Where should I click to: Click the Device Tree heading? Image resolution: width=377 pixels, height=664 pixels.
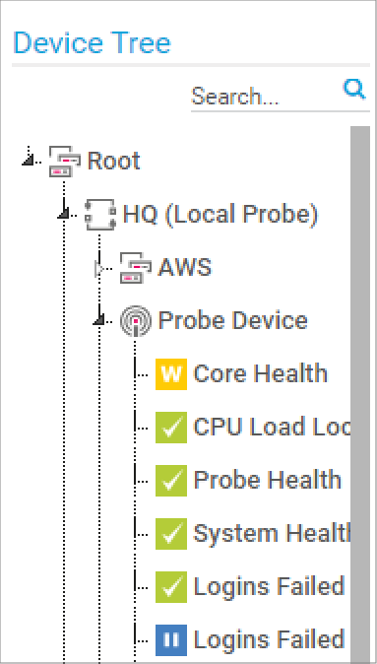[92, 42]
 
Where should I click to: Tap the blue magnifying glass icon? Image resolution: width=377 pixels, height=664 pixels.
[353, 90]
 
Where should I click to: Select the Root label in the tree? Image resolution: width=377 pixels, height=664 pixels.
[113, 161]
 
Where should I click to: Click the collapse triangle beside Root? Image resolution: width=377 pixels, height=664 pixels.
[28, 160]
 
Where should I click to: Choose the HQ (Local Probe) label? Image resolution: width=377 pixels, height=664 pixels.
[220, 215]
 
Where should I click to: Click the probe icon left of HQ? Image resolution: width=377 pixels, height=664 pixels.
[99, 215]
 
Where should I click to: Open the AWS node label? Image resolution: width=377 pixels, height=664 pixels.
[185, 268]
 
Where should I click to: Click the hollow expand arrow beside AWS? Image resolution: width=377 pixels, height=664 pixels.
[99, 269]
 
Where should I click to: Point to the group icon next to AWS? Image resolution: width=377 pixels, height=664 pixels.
[136, 268]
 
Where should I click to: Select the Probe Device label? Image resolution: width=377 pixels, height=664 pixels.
[232, 320]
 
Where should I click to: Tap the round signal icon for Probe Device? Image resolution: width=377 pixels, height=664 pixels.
[136, 321]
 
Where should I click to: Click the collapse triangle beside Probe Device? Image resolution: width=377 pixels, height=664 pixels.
[99, 319]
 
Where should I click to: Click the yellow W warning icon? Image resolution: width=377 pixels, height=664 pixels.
[171, 374]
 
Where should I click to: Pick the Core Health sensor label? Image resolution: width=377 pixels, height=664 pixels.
[260, 373]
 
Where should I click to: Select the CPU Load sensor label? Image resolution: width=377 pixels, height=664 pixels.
[272, 427]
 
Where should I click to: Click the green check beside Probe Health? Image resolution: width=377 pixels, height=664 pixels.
[171, 480]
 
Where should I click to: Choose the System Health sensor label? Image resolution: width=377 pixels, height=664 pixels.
[272, 533]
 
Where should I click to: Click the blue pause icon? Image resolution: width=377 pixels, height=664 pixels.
[171, 639]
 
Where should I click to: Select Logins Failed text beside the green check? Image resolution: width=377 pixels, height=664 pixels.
[269, 586]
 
